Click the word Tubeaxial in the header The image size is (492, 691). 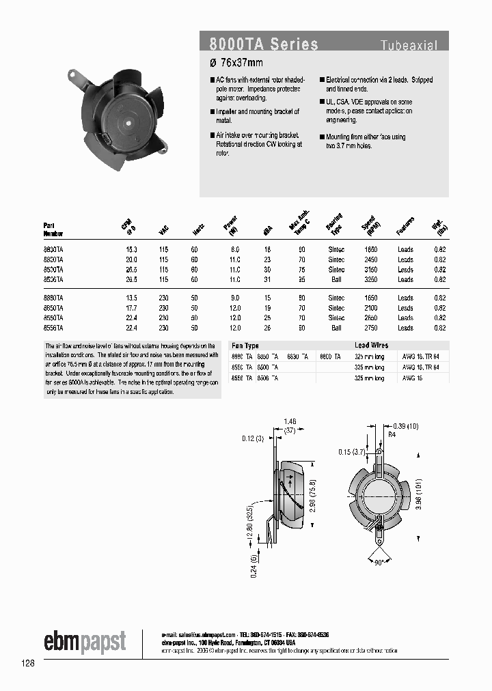pos(409,46)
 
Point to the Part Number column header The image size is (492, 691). pos(53,229)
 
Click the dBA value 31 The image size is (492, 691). pos(268,279)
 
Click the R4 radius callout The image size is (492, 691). pos(392,434)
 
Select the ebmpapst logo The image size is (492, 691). pos(85,642)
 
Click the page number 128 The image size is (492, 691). pos(28,664)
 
